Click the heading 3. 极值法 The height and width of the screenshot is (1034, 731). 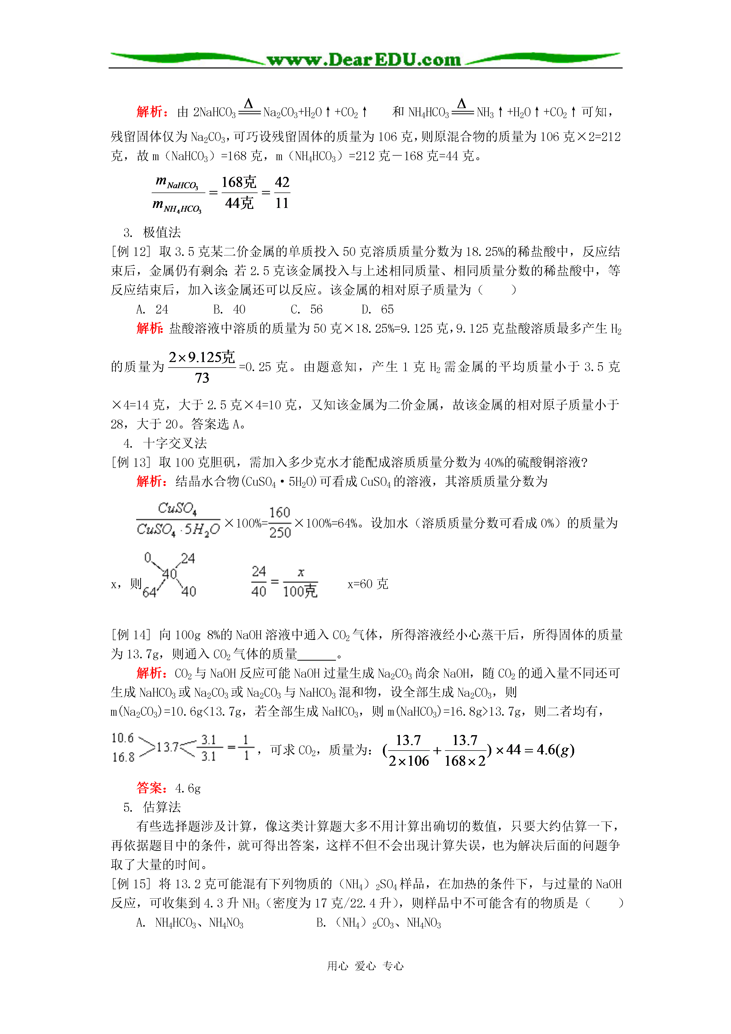(153, 232)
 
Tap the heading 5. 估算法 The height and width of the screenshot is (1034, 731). (153, 807)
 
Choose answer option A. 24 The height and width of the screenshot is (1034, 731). (152, 309)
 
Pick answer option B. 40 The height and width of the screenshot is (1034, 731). (230, 309)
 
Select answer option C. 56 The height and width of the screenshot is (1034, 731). (307, 309)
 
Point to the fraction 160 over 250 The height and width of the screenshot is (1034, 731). (280, 522)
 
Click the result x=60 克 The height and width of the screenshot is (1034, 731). (368, 584)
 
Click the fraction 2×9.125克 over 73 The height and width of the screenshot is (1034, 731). (202, 367)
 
